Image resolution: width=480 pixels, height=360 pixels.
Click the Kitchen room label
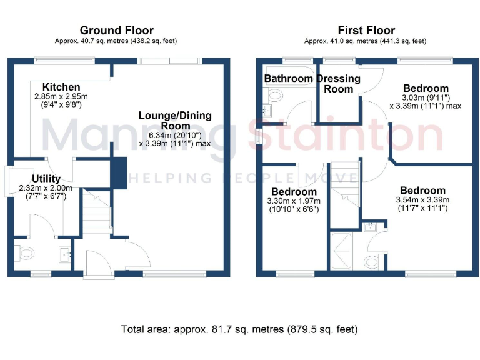click(x=61, y=87)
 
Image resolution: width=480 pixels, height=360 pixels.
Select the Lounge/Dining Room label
click(x=175, y=120)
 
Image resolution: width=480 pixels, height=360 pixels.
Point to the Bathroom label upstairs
click(x=288, y=79)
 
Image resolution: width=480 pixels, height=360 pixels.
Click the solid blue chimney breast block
click(x=118, y=172)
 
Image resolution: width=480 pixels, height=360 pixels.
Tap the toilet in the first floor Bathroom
click(x=274, y=96)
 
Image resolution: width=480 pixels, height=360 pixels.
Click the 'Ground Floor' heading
click(x=116, y=31)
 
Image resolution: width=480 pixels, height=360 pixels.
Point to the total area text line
click(x=239, y=329)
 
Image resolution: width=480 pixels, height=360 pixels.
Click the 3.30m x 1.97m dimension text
click(x=294, y=201)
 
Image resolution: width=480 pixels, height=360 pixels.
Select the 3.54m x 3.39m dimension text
click(x=422, y=200)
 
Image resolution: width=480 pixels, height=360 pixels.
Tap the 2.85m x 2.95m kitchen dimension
click(x=61, y=97)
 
